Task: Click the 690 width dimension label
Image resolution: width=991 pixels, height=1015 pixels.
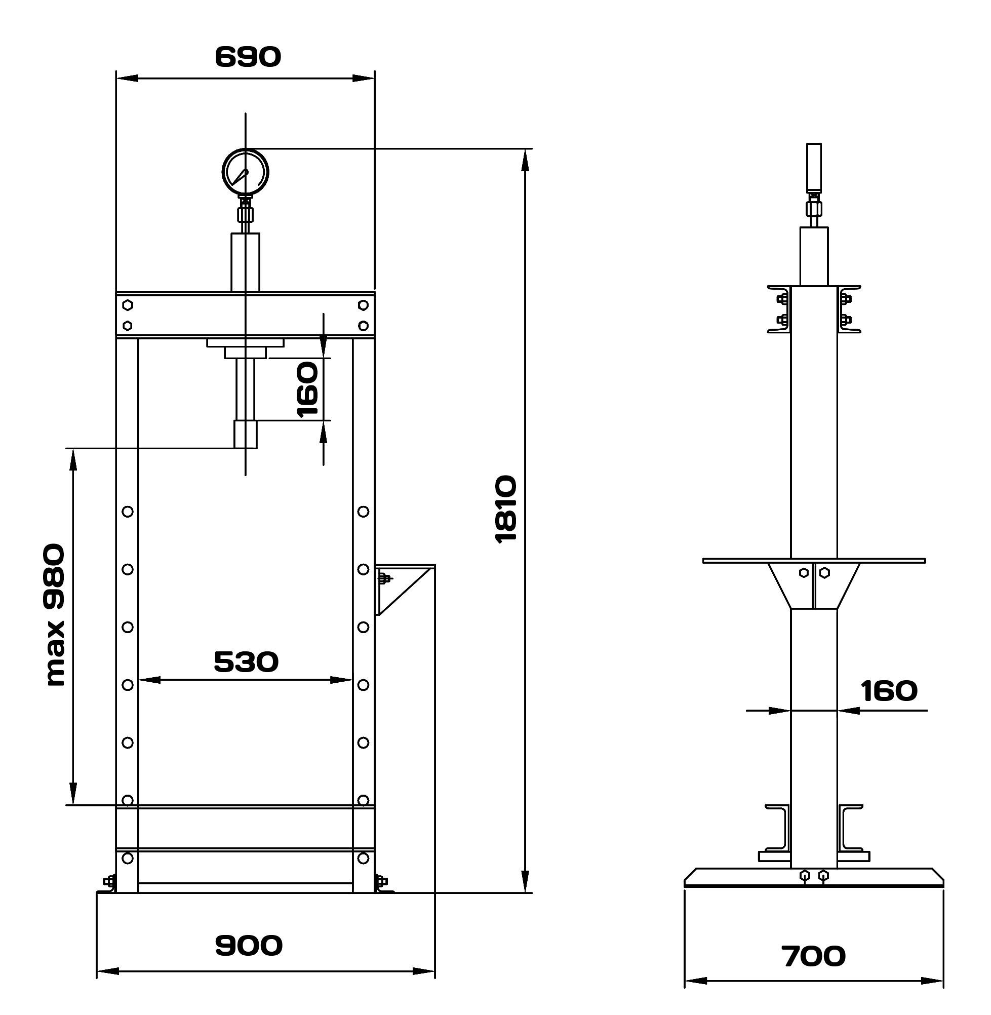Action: tap(248, 57)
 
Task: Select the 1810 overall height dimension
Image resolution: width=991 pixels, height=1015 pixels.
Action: tap(506, 510)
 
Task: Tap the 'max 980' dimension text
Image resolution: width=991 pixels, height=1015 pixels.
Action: tap(55, 615)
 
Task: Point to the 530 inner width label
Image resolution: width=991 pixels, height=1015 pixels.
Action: tap(246, 661)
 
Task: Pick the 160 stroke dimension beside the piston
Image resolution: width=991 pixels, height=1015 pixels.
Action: tap(307, 390)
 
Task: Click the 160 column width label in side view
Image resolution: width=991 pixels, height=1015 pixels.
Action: tap(889, 691)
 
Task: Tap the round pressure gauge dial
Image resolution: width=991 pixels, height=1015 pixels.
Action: tap(245, 172)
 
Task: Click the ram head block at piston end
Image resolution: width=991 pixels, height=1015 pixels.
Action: tap(245, 435)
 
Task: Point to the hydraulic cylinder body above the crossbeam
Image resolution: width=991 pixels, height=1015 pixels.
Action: tap(245, 262)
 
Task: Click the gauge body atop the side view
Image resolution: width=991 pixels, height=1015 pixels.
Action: tap(814, 167)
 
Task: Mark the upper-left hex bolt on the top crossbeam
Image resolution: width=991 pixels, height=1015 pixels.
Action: tap(128, 304)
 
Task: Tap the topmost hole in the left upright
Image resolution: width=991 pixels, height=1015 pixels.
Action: tap(128, 512)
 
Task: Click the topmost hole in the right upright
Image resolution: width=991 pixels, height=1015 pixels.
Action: tap(363, 512)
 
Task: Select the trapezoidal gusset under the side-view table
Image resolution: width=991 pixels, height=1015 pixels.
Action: tap(814, 585)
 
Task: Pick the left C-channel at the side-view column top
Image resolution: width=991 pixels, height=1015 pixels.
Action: tap(779, 309)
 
